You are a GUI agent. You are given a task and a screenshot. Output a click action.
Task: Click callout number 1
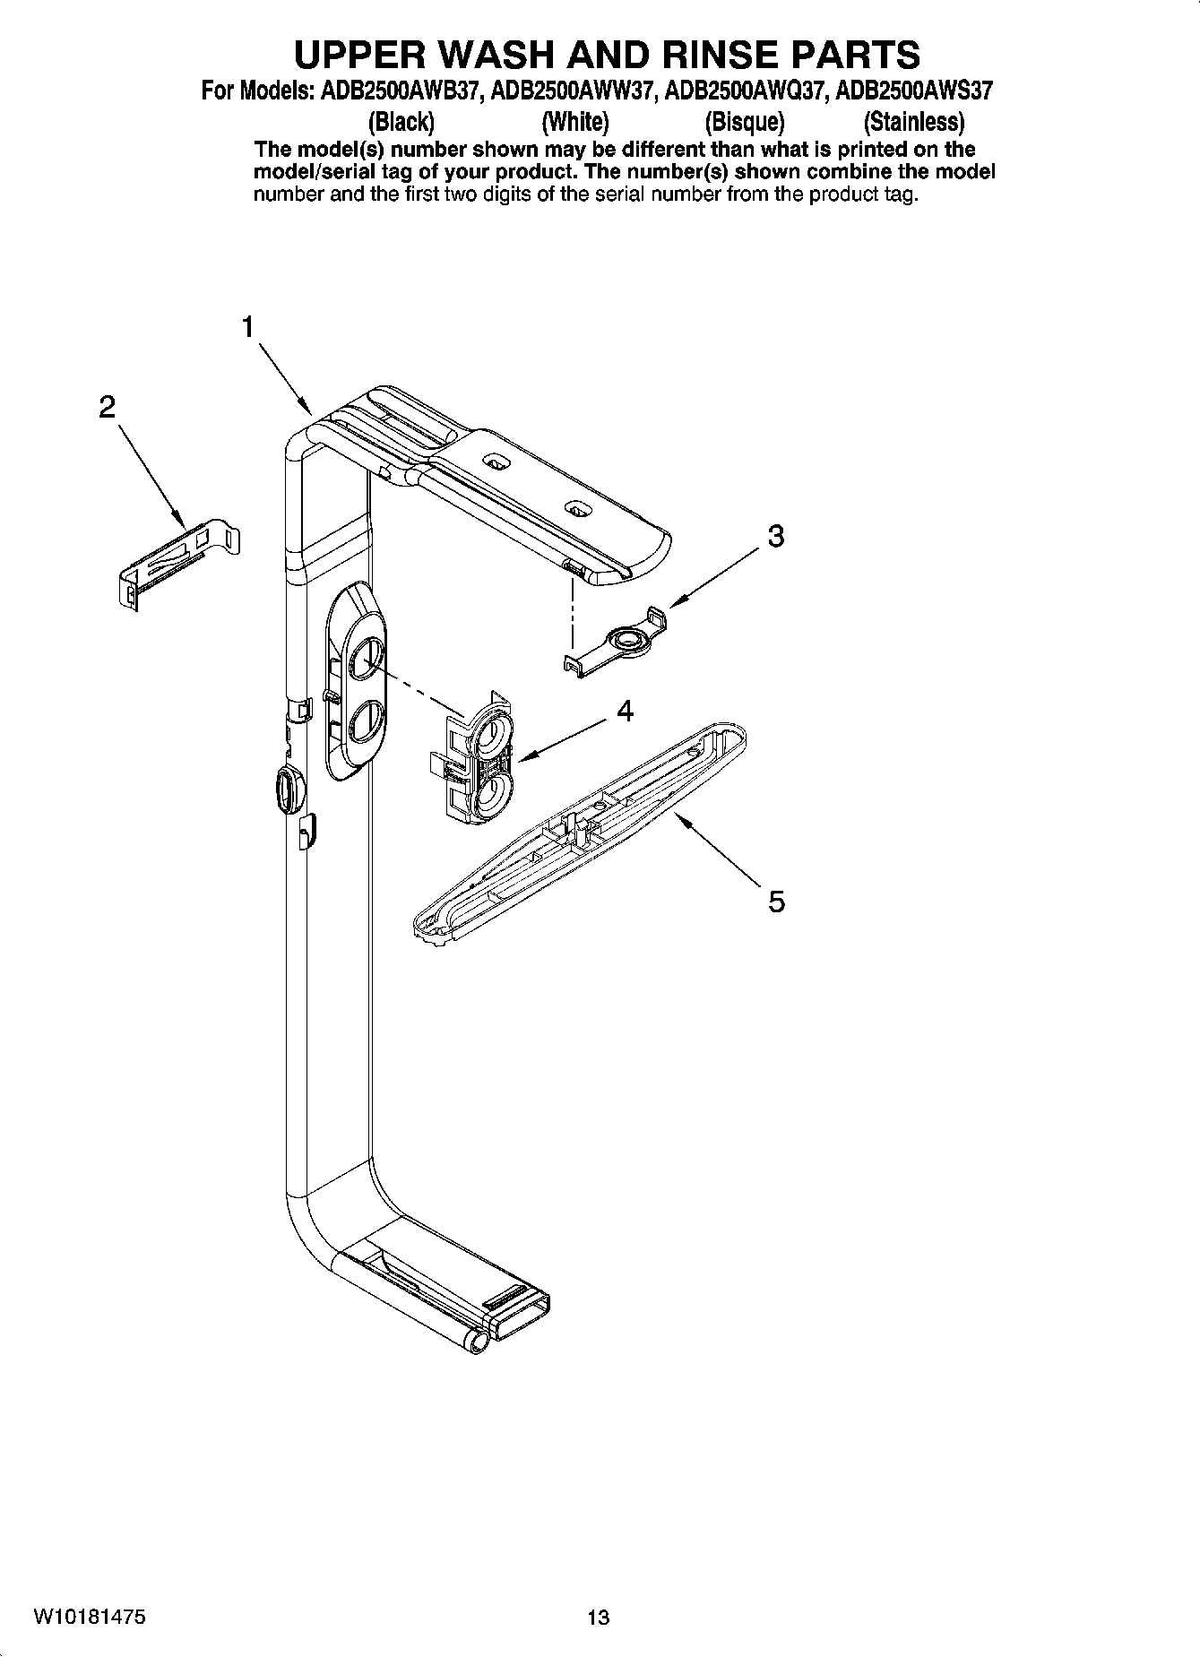coord(248,328)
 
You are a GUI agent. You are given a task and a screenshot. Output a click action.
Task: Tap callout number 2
coord(107,408)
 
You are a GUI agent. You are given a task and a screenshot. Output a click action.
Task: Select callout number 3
coord(775,536)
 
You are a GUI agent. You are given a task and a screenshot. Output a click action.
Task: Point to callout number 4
coord(625,711)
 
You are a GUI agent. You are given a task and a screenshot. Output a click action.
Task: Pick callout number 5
coord(776,901)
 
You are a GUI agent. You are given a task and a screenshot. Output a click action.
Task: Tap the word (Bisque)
coord(744,121)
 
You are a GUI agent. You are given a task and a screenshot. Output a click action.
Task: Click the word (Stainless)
coord(913,121)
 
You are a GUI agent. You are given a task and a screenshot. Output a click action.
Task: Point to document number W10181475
coord(91,1616)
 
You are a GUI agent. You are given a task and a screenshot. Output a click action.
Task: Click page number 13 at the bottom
coord(598,1617)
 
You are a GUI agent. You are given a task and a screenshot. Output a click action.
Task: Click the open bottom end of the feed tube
coord(517,1323)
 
